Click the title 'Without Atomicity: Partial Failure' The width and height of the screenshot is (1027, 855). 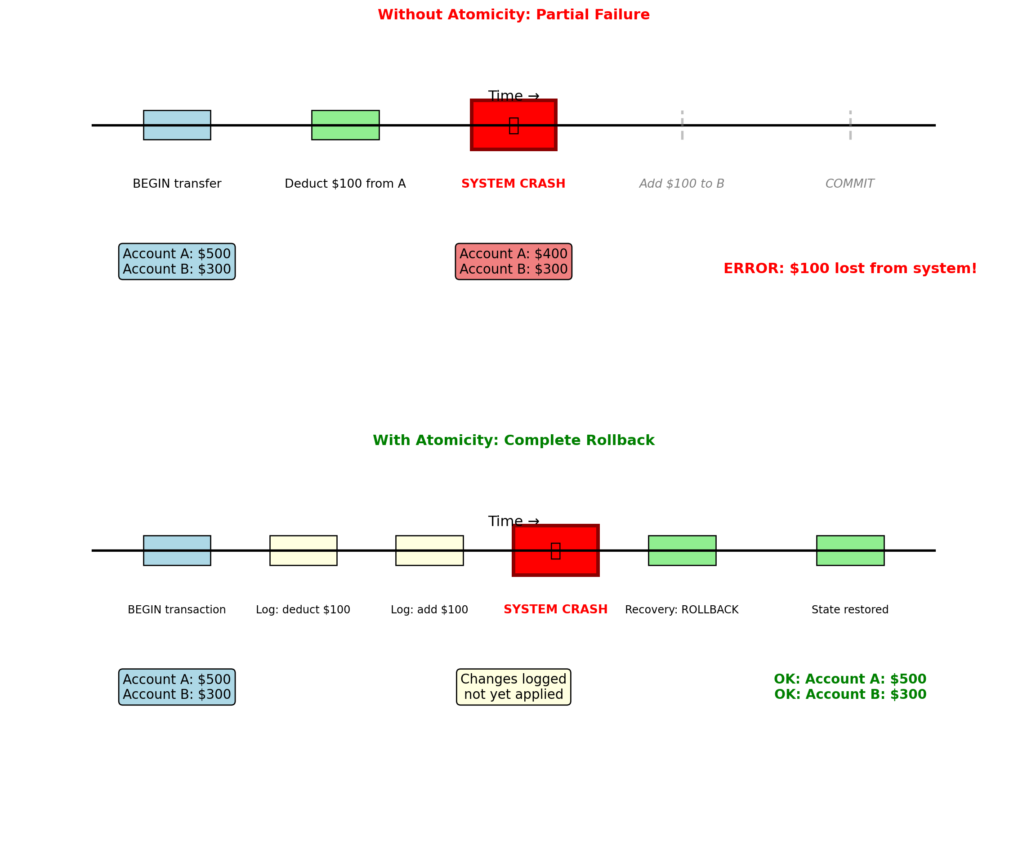[x=513, y=15]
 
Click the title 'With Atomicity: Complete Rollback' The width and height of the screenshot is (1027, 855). [x=513, y=441]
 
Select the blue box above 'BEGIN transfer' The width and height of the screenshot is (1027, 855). [x=177, y=125]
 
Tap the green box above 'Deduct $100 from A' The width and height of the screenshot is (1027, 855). [x=345, y=125]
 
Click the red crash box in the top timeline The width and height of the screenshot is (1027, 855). [x=513, y=125]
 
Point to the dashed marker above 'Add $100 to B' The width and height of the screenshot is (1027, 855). [x=682, y=125]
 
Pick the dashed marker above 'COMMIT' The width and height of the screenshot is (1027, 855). [x=850, y=125]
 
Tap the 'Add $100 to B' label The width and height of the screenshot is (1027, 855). [x=682, y=184]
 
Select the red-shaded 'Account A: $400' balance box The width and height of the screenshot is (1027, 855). [x=513, y=261]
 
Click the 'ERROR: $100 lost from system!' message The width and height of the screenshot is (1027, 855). [x=850, y=268]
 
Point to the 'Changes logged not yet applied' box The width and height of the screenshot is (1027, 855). [x=513, y=687]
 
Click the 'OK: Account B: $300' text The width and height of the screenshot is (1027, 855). [x=850, y=694]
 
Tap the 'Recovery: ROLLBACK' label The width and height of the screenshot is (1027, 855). [x=682, y=609]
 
